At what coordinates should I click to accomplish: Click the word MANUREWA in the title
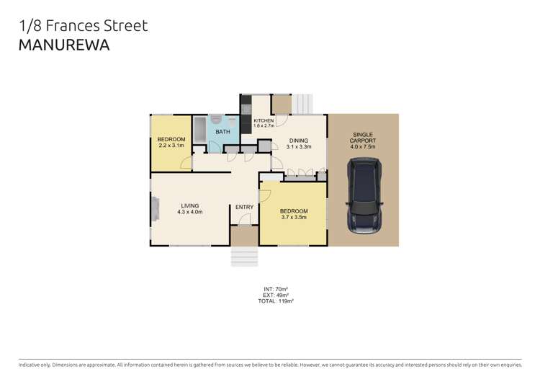64,45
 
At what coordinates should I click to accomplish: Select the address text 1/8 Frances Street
83,26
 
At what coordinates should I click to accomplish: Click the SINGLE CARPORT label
363,138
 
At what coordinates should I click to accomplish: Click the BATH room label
222,132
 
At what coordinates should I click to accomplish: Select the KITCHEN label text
264,120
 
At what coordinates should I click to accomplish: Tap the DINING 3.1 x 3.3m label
298,143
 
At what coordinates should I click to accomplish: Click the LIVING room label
189,209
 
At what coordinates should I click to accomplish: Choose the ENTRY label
244,207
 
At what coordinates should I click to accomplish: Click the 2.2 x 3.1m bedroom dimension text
171,146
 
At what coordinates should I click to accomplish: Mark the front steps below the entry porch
244,257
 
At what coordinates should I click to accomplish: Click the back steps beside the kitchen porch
304,104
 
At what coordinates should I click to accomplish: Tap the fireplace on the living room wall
154,211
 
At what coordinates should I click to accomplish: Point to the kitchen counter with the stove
246,113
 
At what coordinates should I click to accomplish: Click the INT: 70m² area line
276,289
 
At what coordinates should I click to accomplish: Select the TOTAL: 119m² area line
276,301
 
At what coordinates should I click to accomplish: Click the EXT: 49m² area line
276,295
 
